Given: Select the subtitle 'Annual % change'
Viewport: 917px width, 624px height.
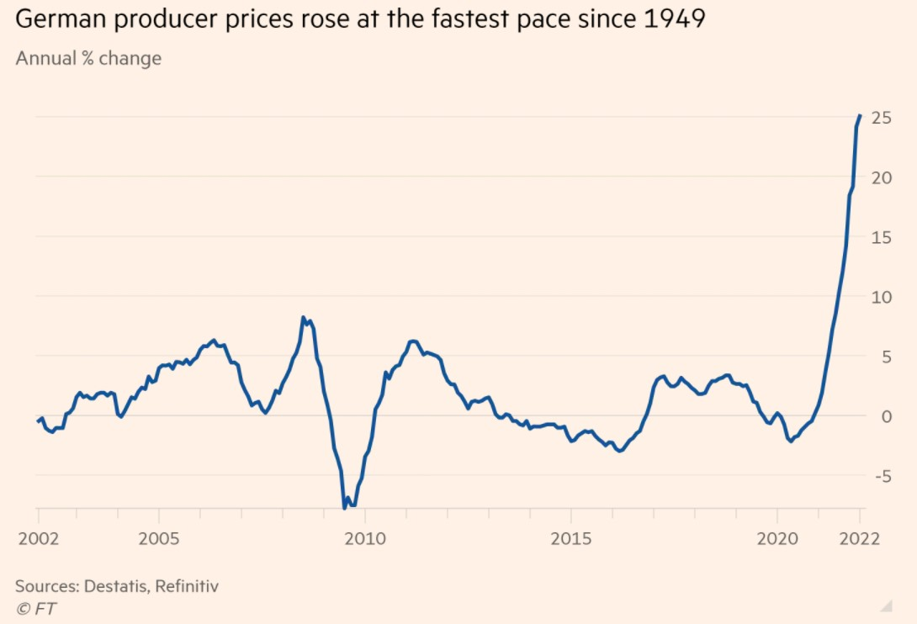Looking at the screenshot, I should tap(88, 59).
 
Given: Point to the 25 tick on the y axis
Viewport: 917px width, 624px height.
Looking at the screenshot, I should tap(881, 118).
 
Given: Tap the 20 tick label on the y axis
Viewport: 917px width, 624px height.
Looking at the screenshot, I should tap(881, 177).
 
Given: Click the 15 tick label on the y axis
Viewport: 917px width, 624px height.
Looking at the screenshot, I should tap(881, 237).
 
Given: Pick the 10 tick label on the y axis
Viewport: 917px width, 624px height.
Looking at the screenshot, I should tap(881, 297).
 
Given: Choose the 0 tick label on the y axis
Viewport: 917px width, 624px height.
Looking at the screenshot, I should tap(885, 416).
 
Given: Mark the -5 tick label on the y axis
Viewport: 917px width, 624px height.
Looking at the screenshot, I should tap(881, 476).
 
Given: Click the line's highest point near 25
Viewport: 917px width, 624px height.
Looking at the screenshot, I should tap(860, 116).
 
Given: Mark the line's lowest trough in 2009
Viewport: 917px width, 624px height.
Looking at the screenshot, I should tap(345, 507).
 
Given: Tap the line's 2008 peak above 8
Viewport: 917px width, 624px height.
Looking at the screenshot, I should tap(303, 318).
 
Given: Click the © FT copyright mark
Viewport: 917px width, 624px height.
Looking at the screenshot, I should tap(36, 607).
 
